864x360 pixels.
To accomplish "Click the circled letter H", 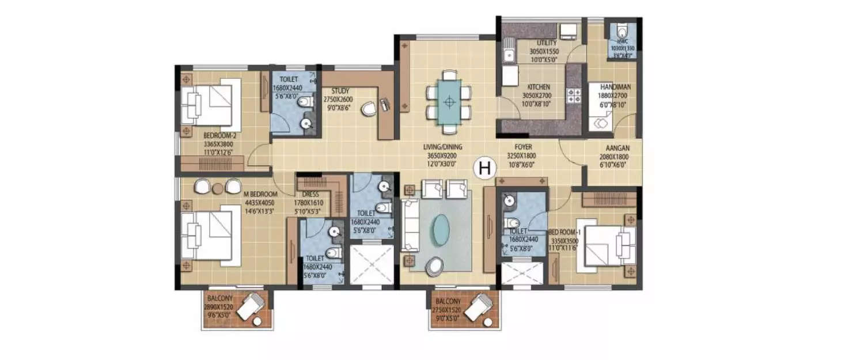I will pyautogui.click(x=485, y=168).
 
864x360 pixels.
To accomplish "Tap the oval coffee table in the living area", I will pyautogui.click(x=441, y=229).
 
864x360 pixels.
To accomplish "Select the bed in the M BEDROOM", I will pyautogui.click(x=210, y=235).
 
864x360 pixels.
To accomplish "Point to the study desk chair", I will pyautogui.click(x=369, y=108).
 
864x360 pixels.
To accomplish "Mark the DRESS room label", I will pyautogui.click(x=310, y=195).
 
